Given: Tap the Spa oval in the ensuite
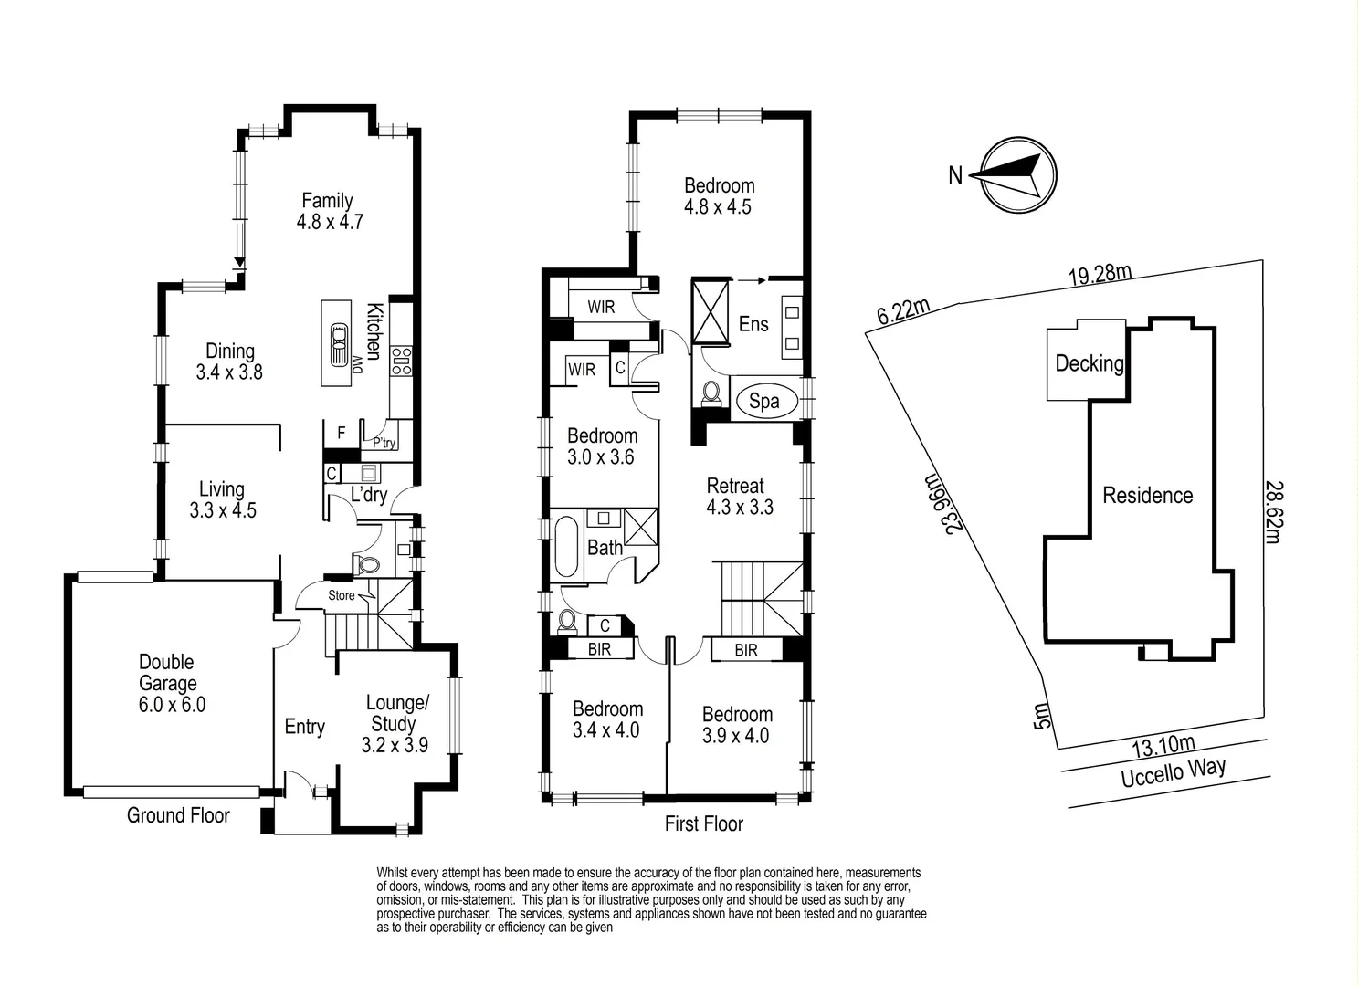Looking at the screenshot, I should (x=763, y=401).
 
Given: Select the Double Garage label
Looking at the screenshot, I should (x=168, y=683).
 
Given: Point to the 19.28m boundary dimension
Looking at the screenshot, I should (x=1100, y=274).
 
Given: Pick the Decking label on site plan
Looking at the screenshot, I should (x=1089, y=363).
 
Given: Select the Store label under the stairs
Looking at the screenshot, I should (x=342, y=595).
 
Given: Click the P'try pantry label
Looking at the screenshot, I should (x=384, y=443).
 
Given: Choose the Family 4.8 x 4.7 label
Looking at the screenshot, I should (x=328, y=210).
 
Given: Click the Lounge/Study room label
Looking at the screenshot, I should (x=395, y=723).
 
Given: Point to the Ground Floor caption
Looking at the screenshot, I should (x=178, y=815).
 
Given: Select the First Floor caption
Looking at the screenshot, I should (x=703, y=823).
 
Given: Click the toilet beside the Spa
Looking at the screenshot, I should (x=711, y=394).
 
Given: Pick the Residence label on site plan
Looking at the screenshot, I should (x=1147, y=496).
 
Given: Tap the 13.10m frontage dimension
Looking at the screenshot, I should (x=1163, y=746).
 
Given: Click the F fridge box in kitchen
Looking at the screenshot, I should (x=342, y=433).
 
